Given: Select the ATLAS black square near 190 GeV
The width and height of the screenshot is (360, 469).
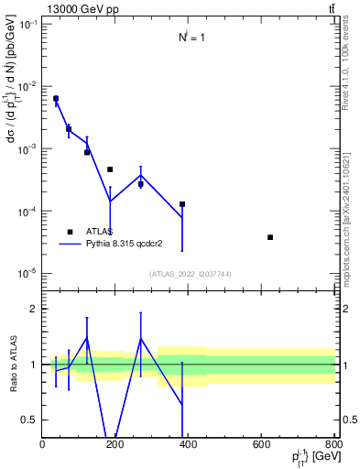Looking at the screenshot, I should [110, 169].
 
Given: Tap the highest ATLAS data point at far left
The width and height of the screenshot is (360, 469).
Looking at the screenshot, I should [56, 99].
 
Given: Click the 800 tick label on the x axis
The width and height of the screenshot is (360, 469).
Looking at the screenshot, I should [333, 445].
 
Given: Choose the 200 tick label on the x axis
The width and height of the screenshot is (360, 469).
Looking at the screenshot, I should [115, 445].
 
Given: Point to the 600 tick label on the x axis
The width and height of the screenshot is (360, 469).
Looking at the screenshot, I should [260, 445].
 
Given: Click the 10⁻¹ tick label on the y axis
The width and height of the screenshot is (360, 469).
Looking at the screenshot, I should [27, 24].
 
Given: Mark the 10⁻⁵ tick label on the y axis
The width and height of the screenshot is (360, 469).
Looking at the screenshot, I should [27, 273].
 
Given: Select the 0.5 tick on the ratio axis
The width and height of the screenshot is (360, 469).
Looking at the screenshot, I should [29, 420].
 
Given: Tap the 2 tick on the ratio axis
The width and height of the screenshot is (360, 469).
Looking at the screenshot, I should [33, 309].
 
